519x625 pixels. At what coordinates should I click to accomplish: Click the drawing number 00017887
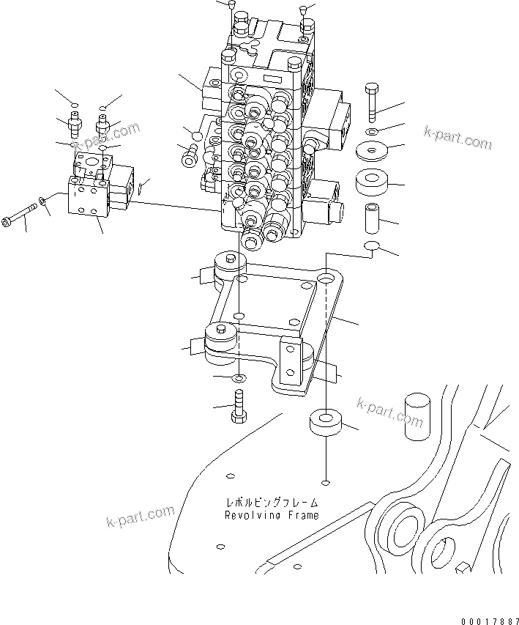(x=488, y=621)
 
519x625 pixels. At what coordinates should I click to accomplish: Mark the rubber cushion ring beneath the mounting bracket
(x=324, y=423)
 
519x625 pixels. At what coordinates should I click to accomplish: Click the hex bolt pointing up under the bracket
(x=237, y=405)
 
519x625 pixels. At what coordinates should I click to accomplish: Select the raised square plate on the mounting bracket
(x=271, y=300)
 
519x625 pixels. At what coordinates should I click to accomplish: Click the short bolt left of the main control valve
(x=189, y=154)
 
